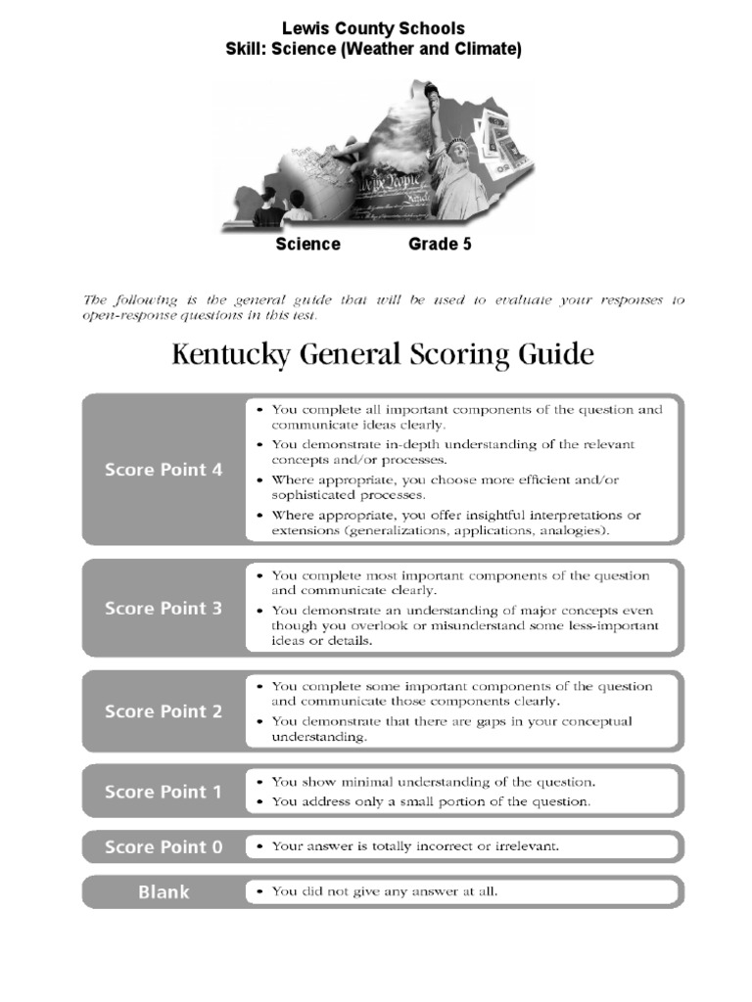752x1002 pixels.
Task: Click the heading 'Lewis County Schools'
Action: tap(374, 28)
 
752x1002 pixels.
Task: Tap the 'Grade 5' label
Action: tap(440, 245)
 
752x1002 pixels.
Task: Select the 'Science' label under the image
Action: tap(307, 245)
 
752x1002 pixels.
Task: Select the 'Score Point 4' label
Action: tap(164, 470)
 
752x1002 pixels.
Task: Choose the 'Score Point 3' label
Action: tap(164, 609)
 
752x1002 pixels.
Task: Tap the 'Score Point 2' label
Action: tap(164, 711)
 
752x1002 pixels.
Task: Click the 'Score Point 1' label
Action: tap(164, 792)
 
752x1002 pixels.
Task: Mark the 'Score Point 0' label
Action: tap(164, 847)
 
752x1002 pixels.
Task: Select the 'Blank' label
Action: tap(164, 892)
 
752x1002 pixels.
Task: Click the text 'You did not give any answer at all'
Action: tap(385, 891)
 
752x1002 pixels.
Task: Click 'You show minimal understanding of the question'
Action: tap(433, 782)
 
